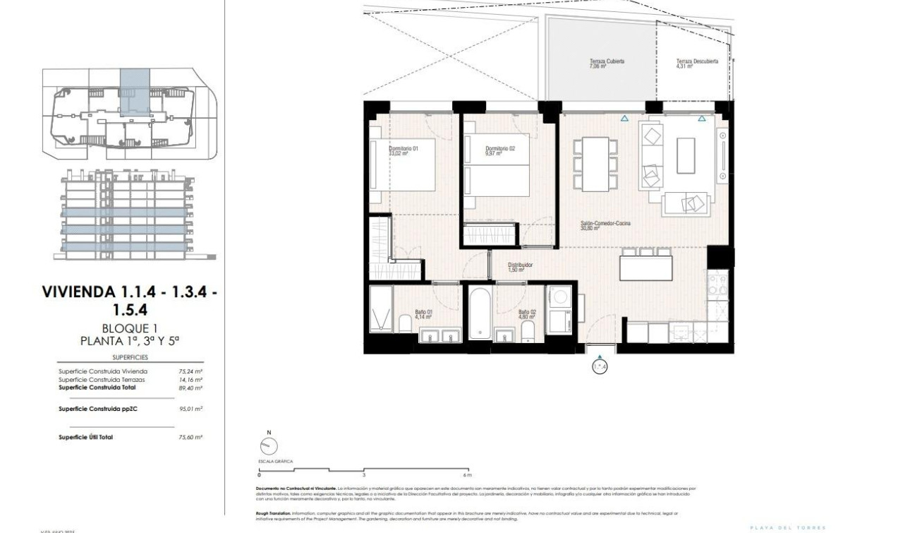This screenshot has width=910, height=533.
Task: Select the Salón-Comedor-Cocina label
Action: click(605, 225)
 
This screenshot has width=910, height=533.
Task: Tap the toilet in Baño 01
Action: click(405, 325)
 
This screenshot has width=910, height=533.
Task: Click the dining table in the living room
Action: click(595, 164)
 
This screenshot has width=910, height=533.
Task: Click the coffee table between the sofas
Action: click(686, 155)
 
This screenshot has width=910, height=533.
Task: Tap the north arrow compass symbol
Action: click(269, 445)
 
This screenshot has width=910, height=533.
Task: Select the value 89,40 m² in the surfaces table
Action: click(190, 388)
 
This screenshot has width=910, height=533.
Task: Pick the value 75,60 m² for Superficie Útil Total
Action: click(190, 437)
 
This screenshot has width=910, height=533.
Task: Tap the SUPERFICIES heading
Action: click(130, 357)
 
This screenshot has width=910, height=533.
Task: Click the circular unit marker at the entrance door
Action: click(599, 366)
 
